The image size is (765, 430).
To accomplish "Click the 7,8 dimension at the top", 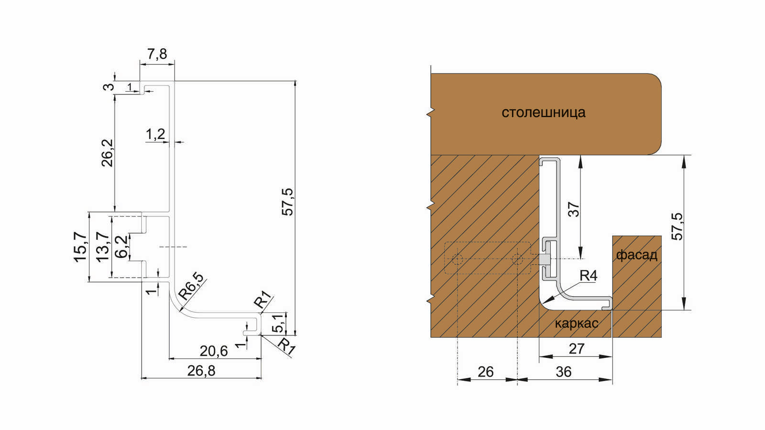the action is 157,54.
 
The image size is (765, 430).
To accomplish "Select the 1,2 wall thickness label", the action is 155,134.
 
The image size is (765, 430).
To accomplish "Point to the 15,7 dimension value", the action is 80,247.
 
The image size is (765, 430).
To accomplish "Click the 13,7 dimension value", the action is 102,247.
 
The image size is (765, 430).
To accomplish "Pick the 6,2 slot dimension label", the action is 121,247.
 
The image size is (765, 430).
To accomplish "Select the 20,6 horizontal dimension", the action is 213,351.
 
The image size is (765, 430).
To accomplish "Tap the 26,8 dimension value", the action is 201,371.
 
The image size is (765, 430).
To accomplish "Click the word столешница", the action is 543,112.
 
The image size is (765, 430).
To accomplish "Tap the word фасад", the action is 636,255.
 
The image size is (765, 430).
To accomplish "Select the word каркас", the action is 577,323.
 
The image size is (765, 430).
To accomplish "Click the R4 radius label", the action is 589,275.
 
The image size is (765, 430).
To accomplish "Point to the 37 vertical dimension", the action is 574,209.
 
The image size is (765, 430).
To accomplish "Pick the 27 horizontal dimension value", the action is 577,349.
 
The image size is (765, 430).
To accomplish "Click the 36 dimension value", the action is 564,372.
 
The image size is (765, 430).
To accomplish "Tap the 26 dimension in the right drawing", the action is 486,372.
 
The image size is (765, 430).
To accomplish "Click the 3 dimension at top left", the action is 109,86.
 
